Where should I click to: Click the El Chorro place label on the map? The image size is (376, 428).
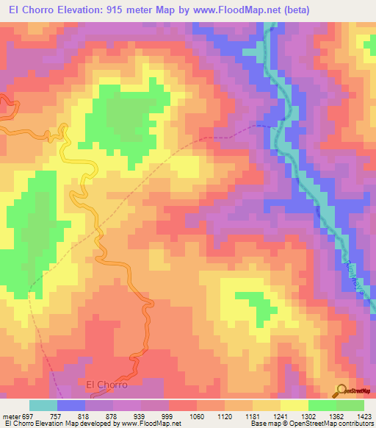click(x=107, y=385)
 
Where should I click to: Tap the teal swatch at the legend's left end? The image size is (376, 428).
click(x=43, y=405)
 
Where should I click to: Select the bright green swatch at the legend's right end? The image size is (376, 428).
click(x=350, y=405)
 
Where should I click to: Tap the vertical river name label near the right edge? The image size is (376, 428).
click(x=349, y=276)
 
